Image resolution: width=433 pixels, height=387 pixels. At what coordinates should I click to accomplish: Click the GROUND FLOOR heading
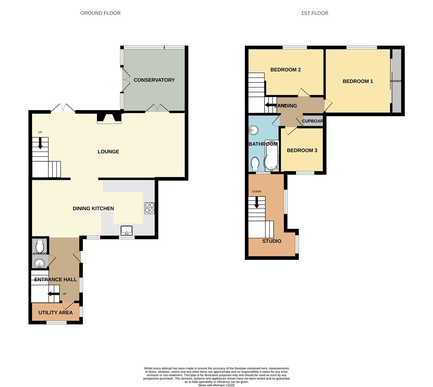tap(100, 13)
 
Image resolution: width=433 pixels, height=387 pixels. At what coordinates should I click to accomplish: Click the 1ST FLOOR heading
tap(315, 13)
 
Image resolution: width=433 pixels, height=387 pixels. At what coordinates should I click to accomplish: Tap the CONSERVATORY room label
tap(154, 80)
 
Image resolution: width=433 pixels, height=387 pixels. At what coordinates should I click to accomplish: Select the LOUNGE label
tap(108, 152)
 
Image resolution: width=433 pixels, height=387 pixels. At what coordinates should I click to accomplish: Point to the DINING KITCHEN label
tap(93, 209)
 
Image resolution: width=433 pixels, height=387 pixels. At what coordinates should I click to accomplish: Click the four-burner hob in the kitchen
tap(150, 208)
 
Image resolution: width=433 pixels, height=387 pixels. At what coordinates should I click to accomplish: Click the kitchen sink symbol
tap(126, 230)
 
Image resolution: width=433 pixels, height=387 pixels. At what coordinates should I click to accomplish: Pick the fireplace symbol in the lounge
tap(109, 118)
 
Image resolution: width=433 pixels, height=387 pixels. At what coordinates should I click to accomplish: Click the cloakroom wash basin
tap(39, 264)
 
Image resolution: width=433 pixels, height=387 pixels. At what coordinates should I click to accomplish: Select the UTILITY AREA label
tap(56, 312)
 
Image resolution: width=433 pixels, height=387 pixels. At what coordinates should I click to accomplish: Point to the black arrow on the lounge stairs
tap(40, 143)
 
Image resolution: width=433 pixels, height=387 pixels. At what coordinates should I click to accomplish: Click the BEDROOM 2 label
tap(285, 70)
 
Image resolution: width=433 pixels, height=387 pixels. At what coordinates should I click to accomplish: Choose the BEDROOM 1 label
tap(358, 81)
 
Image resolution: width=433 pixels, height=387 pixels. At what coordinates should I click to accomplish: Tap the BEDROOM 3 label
tap(302, 150)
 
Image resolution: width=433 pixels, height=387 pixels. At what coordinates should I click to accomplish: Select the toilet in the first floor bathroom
tap(255, 164)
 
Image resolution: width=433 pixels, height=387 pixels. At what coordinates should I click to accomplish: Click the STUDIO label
tap(271, 241)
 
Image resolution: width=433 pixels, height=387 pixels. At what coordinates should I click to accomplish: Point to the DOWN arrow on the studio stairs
tap(256, 203)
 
